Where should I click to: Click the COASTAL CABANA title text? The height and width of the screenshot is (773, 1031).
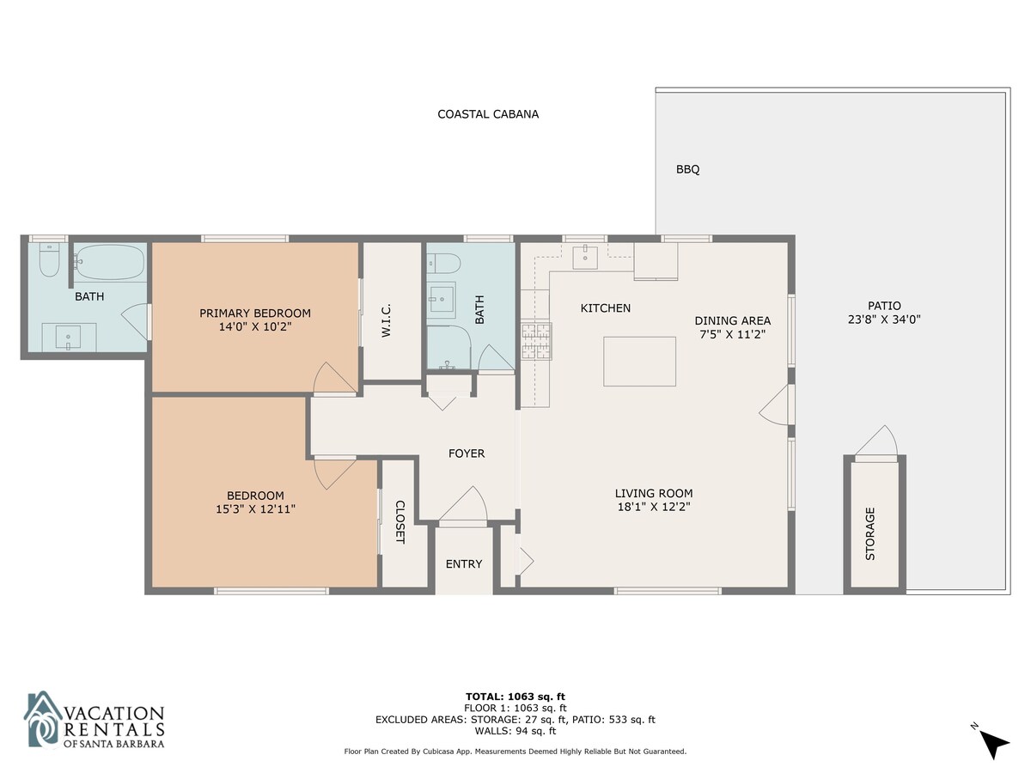pos(487,114)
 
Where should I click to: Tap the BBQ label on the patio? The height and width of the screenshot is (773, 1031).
pos(687,169)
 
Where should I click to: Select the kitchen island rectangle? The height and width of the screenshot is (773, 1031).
pos(639,362)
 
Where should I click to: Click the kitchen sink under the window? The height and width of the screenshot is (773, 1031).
pos(585,258)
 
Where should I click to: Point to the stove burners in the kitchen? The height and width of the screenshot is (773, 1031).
pos(536,341)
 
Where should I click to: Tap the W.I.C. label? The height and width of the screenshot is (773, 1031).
pos(386,320)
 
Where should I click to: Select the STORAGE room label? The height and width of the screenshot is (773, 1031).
pos(870,533)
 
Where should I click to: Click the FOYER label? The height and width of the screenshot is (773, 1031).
pos(467,453)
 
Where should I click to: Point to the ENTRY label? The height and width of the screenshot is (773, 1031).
pos(464,564)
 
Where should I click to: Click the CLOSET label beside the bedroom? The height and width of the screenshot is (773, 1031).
pos(400,522)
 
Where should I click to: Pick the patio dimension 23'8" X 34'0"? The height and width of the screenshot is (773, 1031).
pos(884,320)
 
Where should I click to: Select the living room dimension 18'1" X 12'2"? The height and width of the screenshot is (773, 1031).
pos(654,507)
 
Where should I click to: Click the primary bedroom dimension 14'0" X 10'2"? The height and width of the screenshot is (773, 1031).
pos(255,326)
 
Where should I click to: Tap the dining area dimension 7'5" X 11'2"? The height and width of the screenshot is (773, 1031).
pos(733,334)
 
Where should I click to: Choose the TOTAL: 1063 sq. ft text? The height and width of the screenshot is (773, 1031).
pos(515,697)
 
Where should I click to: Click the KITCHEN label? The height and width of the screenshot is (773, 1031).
pos(606,308)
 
